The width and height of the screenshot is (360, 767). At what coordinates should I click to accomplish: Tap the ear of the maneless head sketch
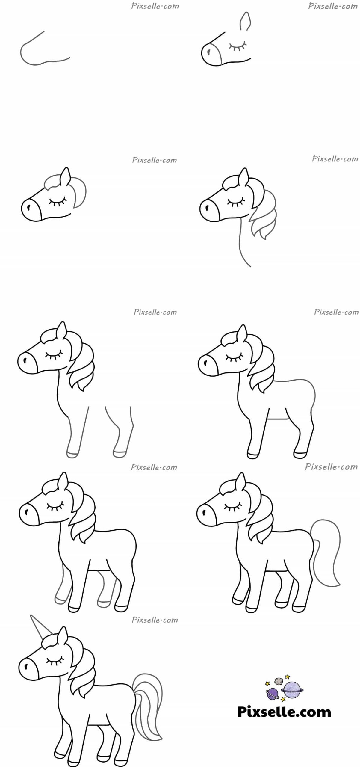tap(245, 22)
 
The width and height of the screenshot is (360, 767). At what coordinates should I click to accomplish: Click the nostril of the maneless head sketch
tap(208, 52)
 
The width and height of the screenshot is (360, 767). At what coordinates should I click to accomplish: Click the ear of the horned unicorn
tap(64, 637)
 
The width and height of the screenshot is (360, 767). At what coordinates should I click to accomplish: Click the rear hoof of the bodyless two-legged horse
tap(119, 454)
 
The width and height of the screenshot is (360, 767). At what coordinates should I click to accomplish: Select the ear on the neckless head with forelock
tap(66, 177)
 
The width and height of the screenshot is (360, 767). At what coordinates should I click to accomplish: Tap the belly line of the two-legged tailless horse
tap(279, 419)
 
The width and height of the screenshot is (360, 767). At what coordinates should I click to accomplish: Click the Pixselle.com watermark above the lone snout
tap(155, 6)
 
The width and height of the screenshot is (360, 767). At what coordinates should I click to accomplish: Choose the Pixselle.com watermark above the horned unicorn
tap(155, 620)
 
